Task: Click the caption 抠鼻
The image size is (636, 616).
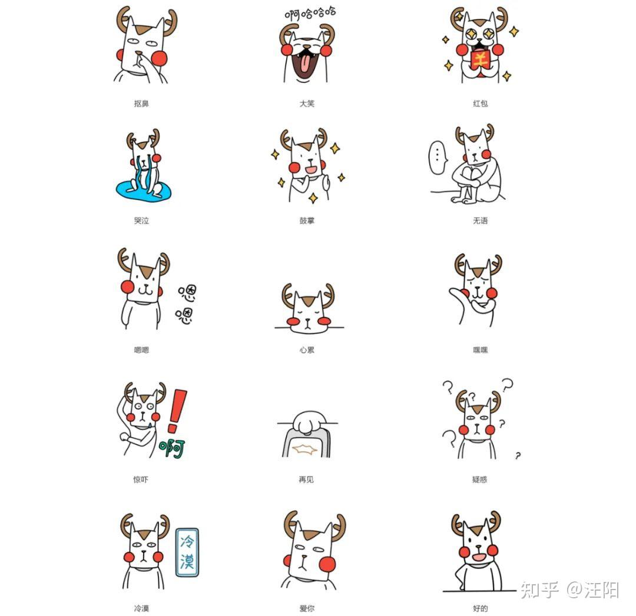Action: (141, 104)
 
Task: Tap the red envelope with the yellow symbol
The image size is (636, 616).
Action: (481, 60)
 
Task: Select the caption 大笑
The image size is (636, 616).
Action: (307, 104)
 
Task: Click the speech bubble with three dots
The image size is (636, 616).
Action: (438, 158)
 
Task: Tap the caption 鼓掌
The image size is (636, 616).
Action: (307, 221)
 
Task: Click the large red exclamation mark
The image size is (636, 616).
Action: (177, 411)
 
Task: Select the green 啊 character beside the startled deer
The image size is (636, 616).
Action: (172, 448)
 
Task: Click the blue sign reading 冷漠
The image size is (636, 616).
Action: (187, 552)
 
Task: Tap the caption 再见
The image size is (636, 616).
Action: (306, 480)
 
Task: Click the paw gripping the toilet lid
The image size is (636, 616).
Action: (309, 422)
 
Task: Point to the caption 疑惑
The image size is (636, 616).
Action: (479, 480)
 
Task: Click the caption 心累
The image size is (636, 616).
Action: (307, 350)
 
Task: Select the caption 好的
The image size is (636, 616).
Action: (481, 608)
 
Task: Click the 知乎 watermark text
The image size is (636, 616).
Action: (539, 590)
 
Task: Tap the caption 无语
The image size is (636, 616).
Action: (481, 221)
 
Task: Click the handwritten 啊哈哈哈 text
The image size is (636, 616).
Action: (310, 14)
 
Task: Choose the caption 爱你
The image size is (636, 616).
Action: (307, 608)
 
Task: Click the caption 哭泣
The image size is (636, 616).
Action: (141, 221)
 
